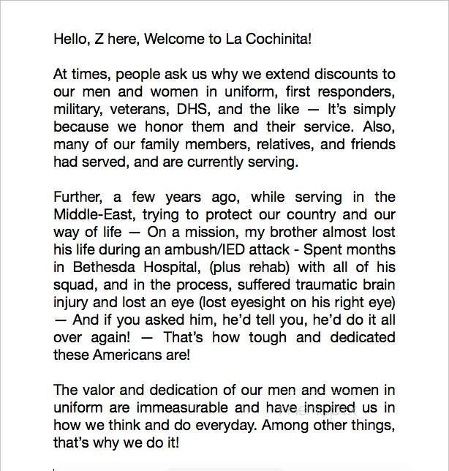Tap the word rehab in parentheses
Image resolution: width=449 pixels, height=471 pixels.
(x=256, y=268)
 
